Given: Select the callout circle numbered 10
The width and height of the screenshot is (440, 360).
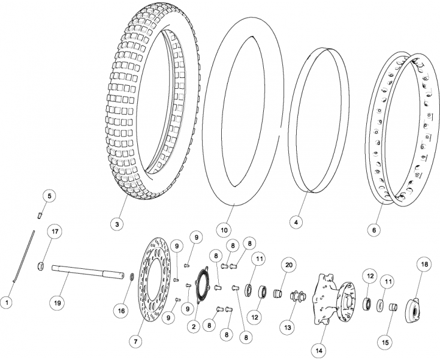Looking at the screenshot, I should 223,229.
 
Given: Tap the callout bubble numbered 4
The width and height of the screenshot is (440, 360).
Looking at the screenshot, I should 294,222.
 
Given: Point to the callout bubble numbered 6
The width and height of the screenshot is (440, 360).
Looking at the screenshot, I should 374,229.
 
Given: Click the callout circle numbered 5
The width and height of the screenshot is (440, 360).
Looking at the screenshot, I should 50,196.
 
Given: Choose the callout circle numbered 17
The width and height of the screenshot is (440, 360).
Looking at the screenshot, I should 56,232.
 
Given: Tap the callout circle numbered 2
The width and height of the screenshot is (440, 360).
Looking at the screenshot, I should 194,326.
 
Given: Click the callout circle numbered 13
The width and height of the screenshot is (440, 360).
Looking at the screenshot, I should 288,327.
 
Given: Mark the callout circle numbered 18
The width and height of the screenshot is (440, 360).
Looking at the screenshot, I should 424,265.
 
